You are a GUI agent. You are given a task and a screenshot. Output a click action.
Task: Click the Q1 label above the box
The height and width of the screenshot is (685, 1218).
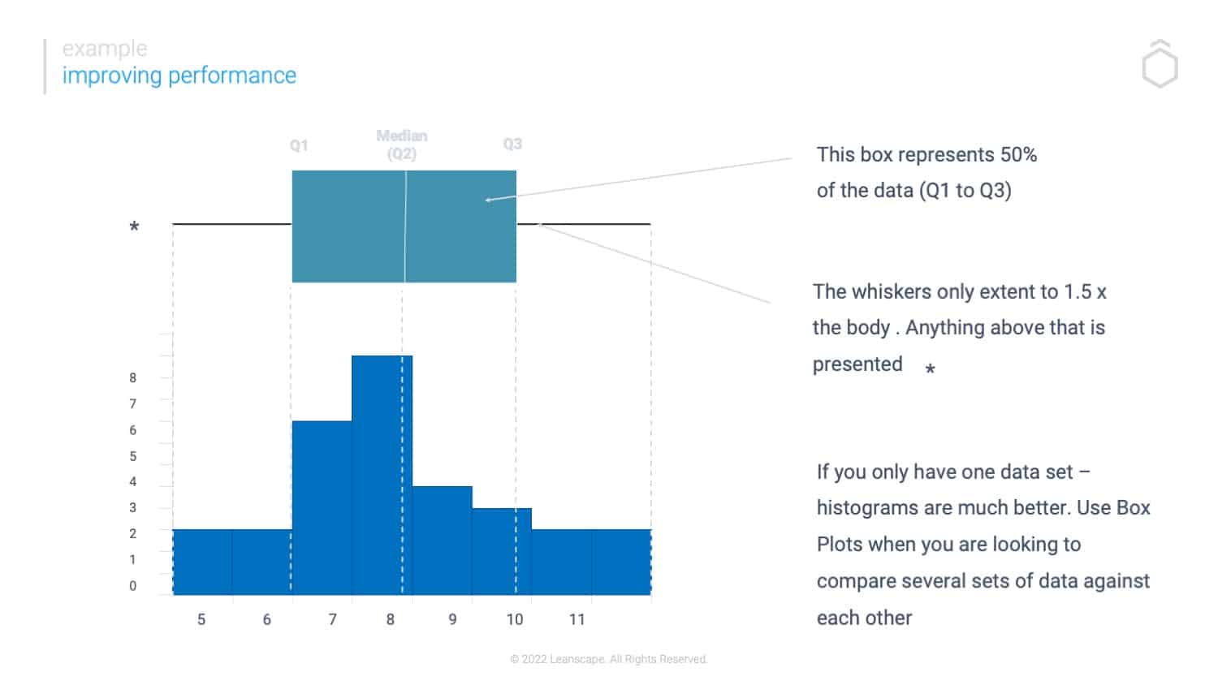(299, 145)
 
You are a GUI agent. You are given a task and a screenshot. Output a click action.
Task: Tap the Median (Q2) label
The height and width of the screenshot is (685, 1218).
(402, 144)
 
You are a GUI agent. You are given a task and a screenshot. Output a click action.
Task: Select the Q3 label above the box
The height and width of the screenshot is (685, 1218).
(512, 144)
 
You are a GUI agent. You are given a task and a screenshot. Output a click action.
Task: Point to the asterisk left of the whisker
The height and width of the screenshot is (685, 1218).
(134, 228)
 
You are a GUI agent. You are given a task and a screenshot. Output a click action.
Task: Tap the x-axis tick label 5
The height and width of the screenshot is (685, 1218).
(201, 619)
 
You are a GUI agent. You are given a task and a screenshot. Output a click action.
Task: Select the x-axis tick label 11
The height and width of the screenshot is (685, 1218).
(577, 619)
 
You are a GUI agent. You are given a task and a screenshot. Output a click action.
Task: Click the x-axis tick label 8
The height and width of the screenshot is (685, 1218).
(391, 619)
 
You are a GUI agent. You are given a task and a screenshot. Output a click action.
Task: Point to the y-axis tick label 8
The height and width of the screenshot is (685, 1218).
(132, 377)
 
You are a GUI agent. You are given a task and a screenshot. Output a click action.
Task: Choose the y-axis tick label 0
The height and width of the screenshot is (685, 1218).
(132, 586)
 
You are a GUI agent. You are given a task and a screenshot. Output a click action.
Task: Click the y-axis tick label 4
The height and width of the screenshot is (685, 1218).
(132, 481)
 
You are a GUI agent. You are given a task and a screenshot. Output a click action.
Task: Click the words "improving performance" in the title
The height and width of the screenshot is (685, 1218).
(179, 75)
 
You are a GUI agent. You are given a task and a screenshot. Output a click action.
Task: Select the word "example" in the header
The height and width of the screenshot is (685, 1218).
(105, 49)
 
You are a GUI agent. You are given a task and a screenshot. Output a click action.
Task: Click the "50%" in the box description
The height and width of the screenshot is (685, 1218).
(1018, 154)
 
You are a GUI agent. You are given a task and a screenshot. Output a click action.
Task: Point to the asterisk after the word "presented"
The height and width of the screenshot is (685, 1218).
(931, 369)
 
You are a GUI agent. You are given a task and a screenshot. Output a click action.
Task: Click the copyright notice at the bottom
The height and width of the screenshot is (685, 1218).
(609, 659)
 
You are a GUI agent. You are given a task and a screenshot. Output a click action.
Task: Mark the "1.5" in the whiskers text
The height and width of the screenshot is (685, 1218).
(1078, 291)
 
